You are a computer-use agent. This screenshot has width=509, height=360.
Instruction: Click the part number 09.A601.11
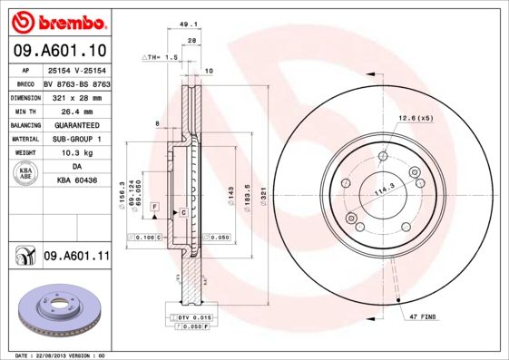tap(76, 257)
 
